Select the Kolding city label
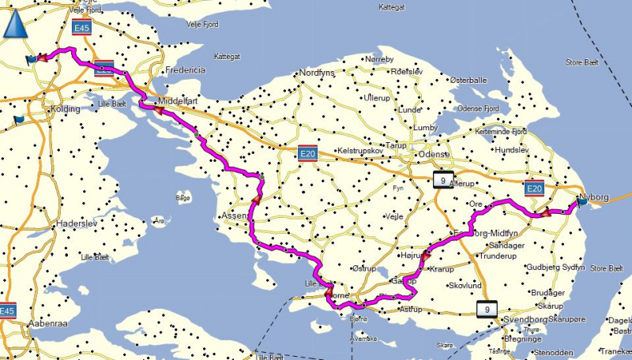[x=63, y=109]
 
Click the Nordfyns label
[x=317, y=73]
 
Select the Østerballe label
[x=468, y=80]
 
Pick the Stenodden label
[x=551, y=353]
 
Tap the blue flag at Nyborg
[x=582, y=202]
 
